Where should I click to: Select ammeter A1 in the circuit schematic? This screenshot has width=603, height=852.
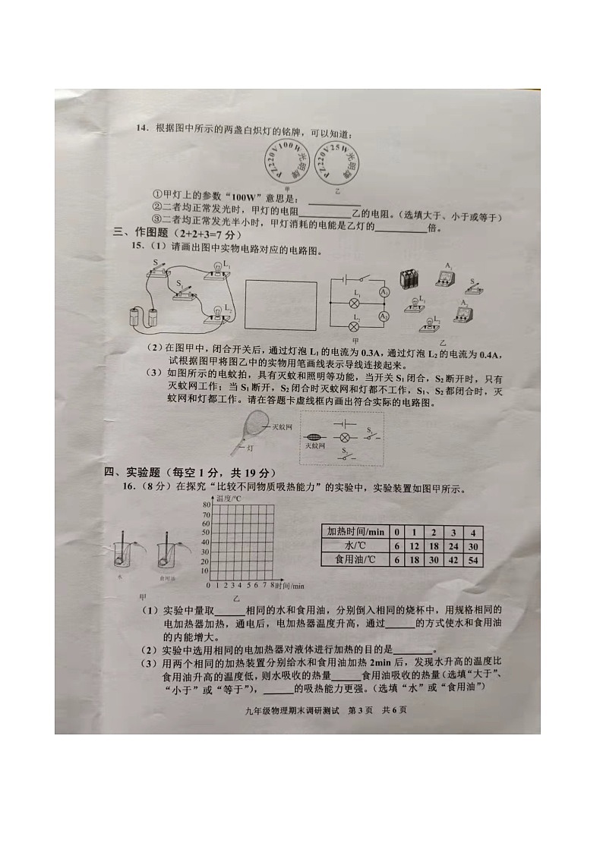[384, 292]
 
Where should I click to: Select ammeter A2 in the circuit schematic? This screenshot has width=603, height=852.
[384, 316]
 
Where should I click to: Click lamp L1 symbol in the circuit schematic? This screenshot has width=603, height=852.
[353, 302]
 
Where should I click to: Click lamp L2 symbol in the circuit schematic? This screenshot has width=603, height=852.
[353, 326]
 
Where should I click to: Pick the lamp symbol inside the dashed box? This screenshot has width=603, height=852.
[343, 438]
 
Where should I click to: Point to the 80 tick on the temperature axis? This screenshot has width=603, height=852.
[205, 505]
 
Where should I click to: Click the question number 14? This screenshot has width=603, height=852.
[141, 127]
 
